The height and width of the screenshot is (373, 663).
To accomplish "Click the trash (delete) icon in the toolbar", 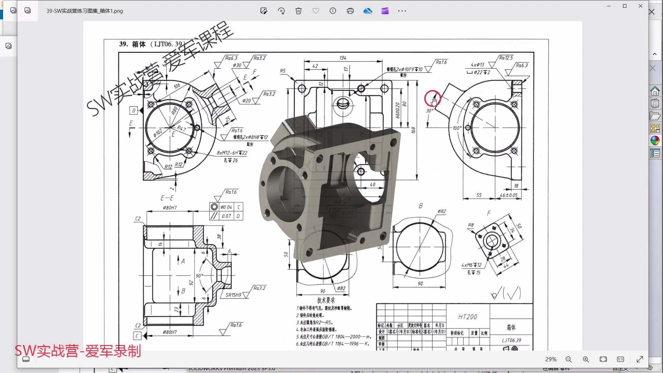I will [298, 11].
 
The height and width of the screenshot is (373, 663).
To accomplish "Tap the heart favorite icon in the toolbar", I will [316, 11].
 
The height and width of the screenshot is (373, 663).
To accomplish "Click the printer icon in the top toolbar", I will [350, 11].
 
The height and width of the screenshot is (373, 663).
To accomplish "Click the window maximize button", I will [625, 6].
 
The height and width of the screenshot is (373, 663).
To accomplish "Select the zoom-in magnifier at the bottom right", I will [586, 360].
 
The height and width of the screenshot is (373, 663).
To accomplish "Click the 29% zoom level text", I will [550, 360].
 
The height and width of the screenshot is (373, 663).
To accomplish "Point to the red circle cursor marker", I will [432, 99].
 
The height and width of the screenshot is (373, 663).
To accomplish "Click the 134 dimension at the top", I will [343, 58].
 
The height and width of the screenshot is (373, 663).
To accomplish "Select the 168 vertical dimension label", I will [413, 130].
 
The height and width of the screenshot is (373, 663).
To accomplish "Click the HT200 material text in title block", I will [468, 317].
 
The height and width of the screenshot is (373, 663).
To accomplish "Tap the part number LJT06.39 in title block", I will [511, 341].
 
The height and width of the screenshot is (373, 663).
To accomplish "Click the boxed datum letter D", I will [134, 111].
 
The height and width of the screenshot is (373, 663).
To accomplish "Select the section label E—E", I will [167, 198].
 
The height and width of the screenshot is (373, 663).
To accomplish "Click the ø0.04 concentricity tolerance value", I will [226, 207].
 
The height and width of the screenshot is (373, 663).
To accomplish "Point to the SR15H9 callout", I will [233, 295].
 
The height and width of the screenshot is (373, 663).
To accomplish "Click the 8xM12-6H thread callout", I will [232, 153].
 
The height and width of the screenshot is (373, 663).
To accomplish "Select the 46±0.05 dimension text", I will [509, 195].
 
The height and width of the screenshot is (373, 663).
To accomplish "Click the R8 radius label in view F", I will [471, 225].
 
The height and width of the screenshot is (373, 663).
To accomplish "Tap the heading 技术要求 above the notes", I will [326, 300].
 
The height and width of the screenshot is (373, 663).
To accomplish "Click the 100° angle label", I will [457, 128].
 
